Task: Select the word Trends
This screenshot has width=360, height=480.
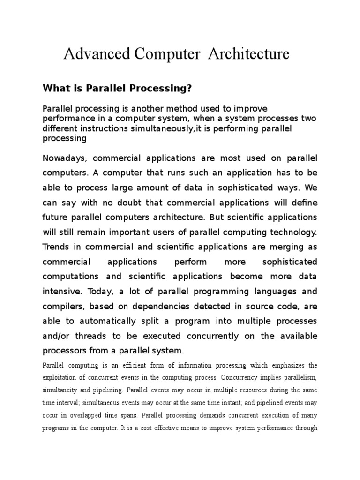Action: (x=56, y=247)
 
